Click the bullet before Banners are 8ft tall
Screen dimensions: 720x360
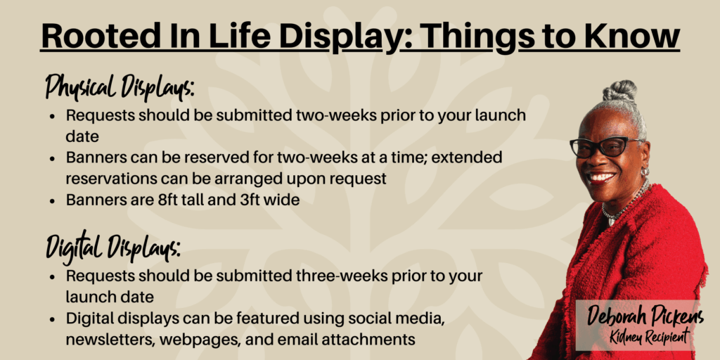(53, 201)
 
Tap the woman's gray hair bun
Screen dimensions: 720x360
(620, 91)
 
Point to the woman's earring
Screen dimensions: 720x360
(645, 171)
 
